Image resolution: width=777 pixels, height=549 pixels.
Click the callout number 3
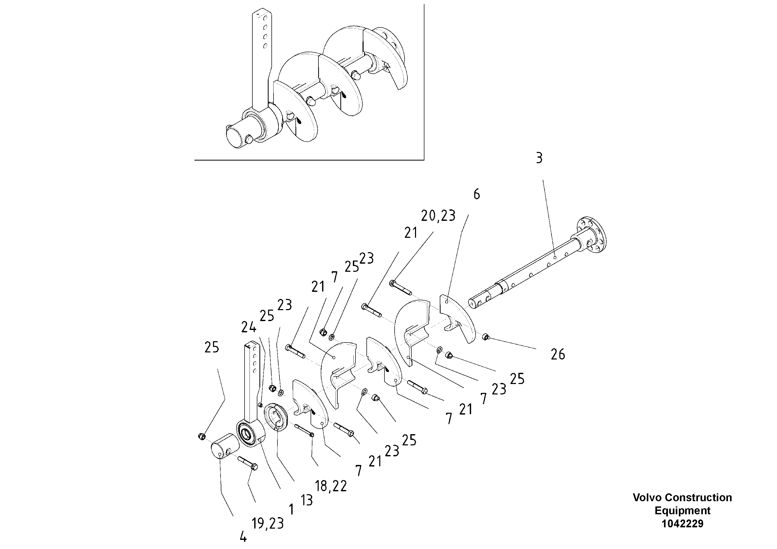tap(539, 158)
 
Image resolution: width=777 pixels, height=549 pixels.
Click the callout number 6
tap(477, 194)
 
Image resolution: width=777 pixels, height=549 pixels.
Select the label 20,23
tap(438, 216)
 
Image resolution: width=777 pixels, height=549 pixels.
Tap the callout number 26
tap(558, 354)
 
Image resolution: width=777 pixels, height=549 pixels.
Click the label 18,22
tap(331, 486)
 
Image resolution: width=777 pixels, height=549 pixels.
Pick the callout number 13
tap(307, 500)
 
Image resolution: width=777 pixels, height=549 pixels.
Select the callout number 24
tap(249, 327)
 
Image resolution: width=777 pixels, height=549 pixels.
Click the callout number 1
tap(291, 509)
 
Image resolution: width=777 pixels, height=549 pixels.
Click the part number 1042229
tap(682, 524)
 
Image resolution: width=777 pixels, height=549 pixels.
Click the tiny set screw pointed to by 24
tap(260, 405)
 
